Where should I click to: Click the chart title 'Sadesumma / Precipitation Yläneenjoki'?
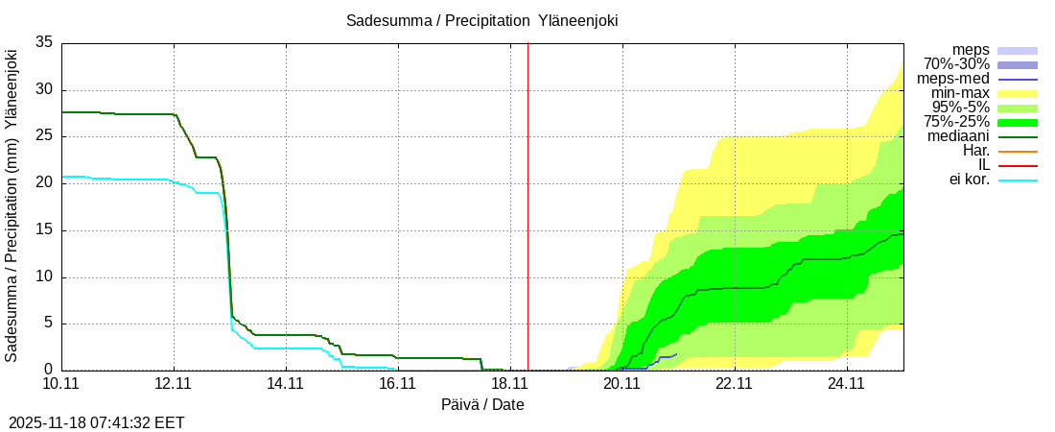coord(489,21)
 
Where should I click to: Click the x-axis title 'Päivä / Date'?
coord(482,404)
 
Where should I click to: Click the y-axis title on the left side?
coord(12,205)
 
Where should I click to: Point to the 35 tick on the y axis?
coord(44,42)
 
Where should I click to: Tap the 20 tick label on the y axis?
coord(44,183)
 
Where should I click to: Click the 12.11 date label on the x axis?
coord(174,384)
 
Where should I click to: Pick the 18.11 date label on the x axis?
coord(509,384)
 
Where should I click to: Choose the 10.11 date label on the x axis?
coord(61,384)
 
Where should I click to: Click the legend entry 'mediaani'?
coord(958,136)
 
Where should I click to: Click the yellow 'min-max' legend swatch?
coord(1018,93)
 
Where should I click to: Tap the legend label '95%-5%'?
coord(956,108)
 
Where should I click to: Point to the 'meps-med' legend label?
coord(952,79)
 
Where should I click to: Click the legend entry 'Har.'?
coord(974,151)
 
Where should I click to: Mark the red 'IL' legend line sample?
coord(1018,165)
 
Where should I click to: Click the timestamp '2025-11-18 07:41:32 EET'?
coord(97,422)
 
